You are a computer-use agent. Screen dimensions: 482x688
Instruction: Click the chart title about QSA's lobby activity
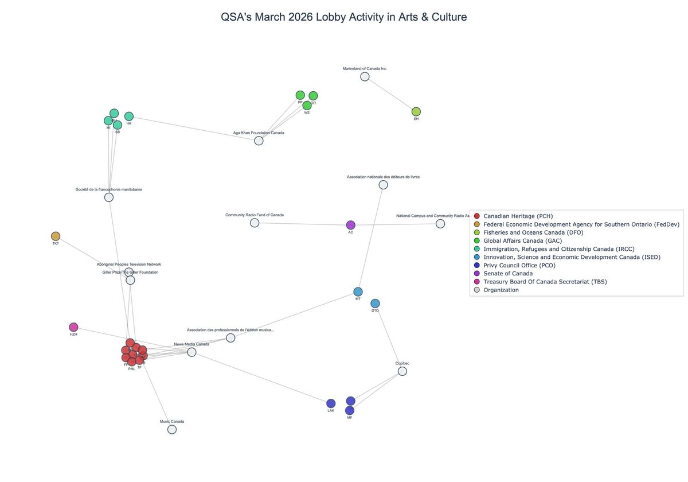click(x=343, y=17)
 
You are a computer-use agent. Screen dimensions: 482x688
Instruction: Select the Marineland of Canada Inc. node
click(x=365, y=77)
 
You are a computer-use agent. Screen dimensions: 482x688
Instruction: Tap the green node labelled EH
click(x=416, y=112)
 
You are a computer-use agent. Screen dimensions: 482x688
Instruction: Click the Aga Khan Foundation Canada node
click(x=259, y=141)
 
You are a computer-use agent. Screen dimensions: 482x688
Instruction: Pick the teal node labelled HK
click(x=129, y=116)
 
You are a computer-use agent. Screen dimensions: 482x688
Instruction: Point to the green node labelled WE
click(x=307, y=106)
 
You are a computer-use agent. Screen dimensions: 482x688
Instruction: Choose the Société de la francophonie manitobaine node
click(x=109, y=197)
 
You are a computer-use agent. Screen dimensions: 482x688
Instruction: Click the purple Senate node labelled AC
click(x=351, y=225)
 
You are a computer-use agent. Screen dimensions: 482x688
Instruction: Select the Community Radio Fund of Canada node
click(x=255, y=223)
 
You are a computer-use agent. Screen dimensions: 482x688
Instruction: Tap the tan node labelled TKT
click(x=56, y=236)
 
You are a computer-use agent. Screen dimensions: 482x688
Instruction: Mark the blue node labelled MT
click(x=358, y=291)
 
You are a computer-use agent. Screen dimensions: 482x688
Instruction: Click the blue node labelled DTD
click(x=375, y=304)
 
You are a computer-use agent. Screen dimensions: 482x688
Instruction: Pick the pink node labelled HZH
click(x=73, y=327)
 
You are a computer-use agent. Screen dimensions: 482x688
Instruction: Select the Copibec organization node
click(x=402, y=371)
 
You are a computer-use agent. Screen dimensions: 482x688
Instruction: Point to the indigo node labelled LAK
click(x=331, y=403)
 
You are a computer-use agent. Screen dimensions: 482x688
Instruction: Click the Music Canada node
click(x=172, y=429)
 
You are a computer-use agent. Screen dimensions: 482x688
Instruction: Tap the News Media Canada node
click(x=191, y=352)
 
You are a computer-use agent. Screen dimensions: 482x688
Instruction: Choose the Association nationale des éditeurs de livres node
click(x=383, y=185)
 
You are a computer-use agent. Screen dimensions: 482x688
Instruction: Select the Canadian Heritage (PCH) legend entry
click(x=518, y=216)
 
